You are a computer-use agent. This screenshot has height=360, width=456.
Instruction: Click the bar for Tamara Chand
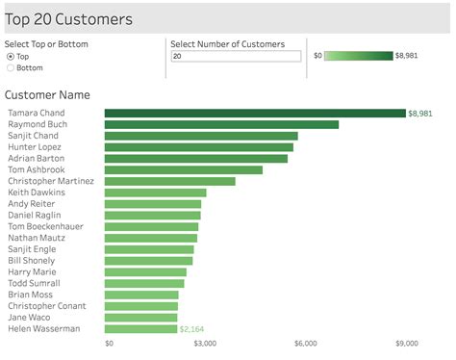tap(255, 113)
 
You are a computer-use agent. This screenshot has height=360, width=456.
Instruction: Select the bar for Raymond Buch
tap(221, 124)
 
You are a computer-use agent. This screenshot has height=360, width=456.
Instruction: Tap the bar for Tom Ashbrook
tap(183, 169)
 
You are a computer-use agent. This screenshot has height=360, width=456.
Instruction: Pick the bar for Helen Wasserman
tap(140, 328)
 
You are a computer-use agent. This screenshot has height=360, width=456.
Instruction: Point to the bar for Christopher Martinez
tap(169, 181)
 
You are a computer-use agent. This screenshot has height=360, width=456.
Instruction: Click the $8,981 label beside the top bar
tap(420, 114)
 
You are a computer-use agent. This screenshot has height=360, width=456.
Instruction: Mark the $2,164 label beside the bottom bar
tap(192, 329)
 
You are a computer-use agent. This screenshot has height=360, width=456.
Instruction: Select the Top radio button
tap(11, 57)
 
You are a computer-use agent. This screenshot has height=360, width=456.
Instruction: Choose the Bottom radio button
tap(11, 68)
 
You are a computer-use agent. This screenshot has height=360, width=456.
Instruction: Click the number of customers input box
tap(235, 57)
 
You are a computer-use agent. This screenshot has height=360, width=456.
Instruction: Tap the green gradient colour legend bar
tap(358, 56)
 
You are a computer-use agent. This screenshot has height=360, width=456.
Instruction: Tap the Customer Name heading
tap(47, 94)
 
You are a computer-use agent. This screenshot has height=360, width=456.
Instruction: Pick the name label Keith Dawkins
tap(37, 193)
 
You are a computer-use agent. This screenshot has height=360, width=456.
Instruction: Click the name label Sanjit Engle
tap(34, 248)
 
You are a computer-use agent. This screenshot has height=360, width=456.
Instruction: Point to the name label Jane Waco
tap(30, 317)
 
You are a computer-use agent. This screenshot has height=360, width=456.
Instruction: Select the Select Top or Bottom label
tap(45, 44)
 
